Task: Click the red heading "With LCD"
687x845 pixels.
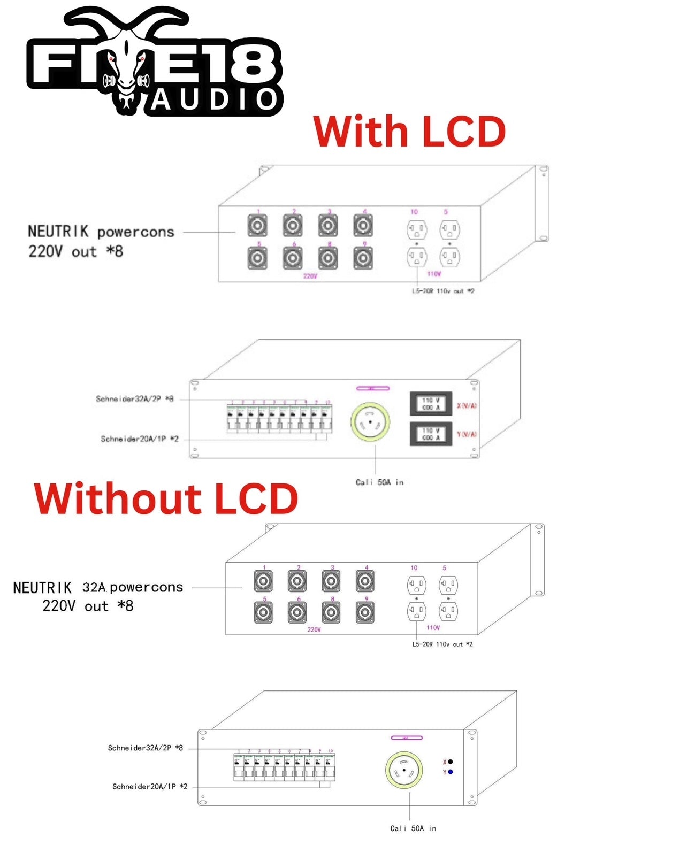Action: [x=409, y=132]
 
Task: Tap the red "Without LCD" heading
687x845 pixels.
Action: [x=166, y=498]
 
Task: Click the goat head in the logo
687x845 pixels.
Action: [x=127, y=64]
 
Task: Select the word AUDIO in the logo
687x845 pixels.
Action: [x=214, y=100]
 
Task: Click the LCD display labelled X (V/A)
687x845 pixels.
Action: [x=431, y=404]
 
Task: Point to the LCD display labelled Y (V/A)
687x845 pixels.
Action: [x=431, y=434]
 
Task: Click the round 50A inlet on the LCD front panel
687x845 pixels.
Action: [x=370, y=422]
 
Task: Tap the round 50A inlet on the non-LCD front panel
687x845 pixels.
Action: [x=404, y=770]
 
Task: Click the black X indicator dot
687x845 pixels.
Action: [x=451, y=762]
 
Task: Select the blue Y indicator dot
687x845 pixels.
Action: [x=451, y=772]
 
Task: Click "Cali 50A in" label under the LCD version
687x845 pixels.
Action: [x=379, y=482]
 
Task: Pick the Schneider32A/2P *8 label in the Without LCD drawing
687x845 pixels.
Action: [x=145, y=748]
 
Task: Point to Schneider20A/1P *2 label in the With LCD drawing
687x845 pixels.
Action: [x=139, y=439]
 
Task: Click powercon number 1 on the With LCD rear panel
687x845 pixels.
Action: [x=257, y=226]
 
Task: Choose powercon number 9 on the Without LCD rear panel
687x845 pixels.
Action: [x=365, y=613]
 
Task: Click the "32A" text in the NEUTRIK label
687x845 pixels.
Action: [x=95, y=587]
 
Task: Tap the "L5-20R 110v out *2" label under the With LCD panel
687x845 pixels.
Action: [x=442, y=291]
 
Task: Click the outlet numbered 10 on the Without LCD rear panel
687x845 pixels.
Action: [x=417, y=585]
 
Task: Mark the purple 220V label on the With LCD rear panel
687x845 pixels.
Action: [x=310, y=276]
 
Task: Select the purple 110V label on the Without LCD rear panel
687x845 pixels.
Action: [x=433, y=627]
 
